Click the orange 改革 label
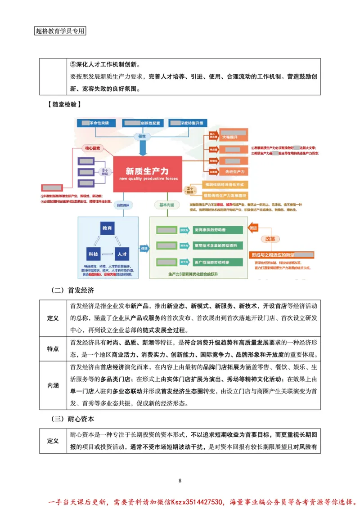pos(270,239)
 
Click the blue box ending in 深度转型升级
pos(188,123)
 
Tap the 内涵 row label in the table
pos(53,386)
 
